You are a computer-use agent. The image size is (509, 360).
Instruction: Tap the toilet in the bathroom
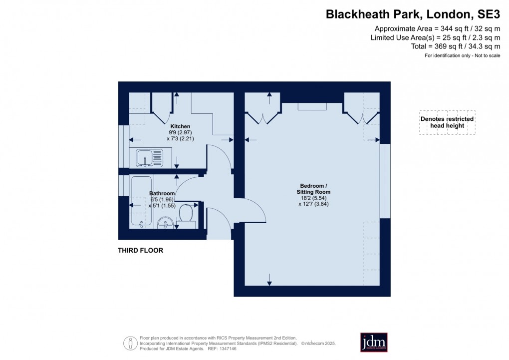186,214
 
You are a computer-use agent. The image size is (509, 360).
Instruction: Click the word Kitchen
179,126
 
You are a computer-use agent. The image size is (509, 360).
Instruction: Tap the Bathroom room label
162,193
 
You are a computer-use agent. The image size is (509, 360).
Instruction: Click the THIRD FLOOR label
140,251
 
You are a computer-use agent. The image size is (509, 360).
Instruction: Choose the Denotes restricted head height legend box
447,122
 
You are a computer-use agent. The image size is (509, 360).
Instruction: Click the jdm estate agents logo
374,343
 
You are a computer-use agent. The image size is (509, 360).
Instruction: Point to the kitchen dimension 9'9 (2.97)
179,133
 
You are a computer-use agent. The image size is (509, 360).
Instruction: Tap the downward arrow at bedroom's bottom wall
269,282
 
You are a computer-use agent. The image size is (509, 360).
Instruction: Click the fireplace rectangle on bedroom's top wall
312,106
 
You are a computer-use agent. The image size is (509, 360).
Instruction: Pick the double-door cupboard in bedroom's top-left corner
263,111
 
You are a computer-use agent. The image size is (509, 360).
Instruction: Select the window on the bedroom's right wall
385,181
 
